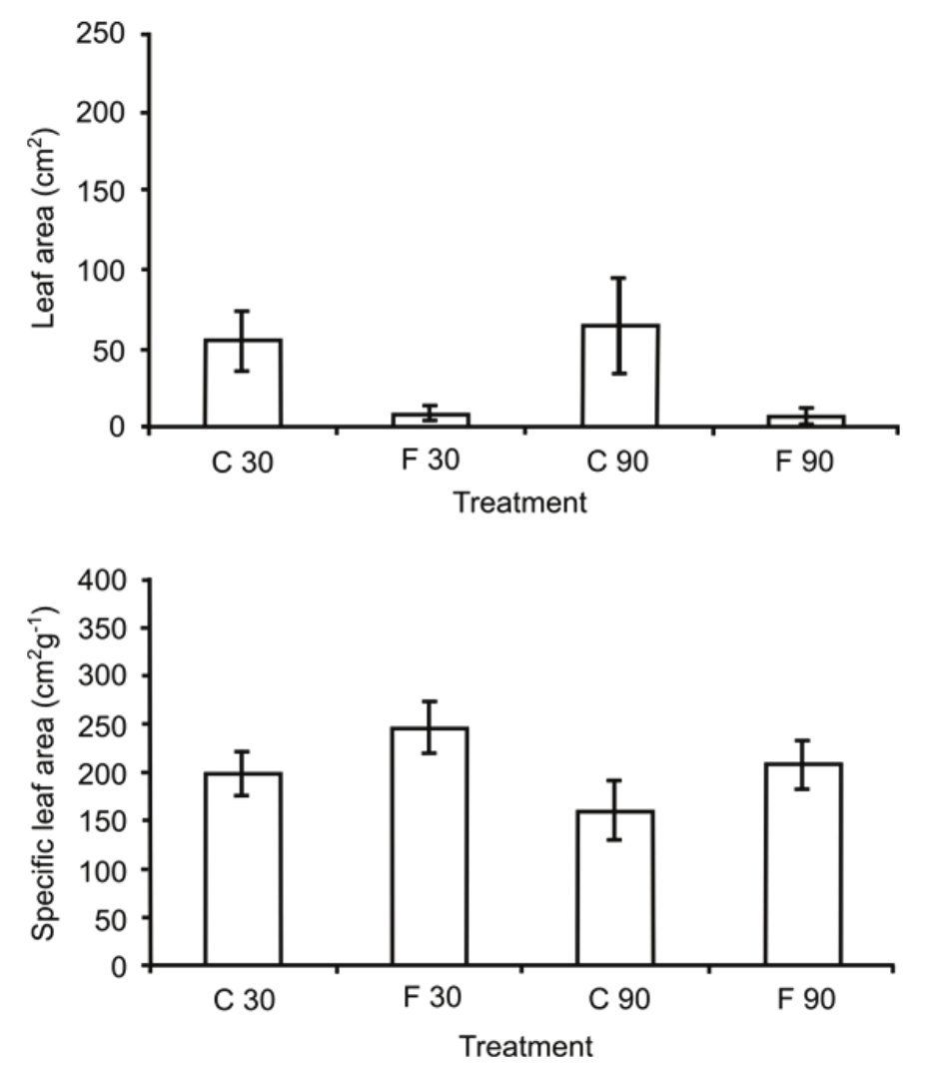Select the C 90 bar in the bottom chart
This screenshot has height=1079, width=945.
(x=616, y=888)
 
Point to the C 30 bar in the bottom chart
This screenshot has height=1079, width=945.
(x=243, y=869)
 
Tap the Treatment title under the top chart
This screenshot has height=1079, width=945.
(x=520, y=502)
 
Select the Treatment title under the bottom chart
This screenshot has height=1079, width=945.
(x=525, y=1047)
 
